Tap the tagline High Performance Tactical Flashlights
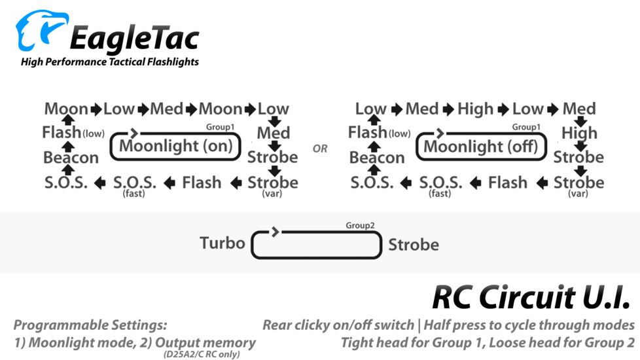point(110,62)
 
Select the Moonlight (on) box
point(175,146)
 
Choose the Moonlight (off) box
point(481,146)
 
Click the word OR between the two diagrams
point(320,149)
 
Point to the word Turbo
point(222,243)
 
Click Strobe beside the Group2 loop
point(414,245)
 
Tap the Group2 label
point(360,225)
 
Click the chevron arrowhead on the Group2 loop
point(276,232)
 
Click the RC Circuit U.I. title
point(532,297)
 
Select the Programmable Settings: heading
point(90,325)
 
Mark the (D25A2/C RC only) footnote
point(202,354)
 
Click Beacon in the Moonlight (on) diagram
point(71,158)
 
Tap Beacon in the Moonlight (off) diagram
point(377,158)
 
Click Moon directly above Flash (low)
point(66,109)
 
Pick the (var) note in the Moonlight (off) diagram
point(578,194)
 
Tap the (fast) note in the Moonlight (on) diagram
point(134,194)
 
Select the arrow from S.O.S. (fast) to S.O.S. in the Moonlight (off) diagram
point(406,183)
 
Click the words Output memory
point(205,343)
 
